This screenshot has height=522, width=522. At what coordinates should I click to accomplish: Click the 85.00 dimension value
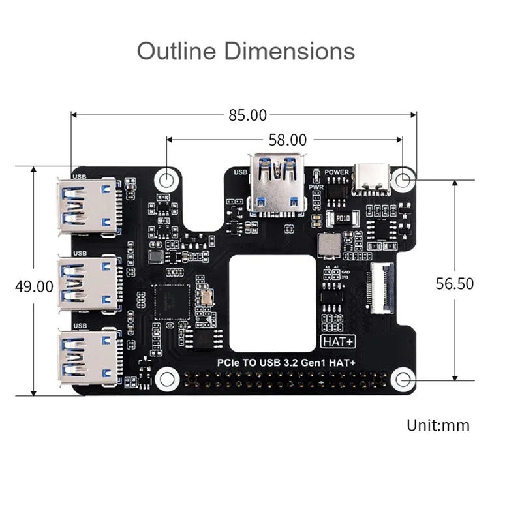coord(247,115)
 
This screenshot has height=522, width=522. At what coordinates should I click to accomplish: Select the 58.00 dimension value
coord(287,139)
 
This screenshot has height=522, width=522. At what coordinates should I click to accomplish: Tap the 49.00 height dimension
coord(35,286)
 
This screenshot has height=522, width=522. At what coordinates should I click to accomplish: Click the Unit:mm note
coord(438,425)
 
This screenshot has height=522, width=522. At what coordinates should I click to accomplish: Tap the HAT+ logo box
coord(333,341)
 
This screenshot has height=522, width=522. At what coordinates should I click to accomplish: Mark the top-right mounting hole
coord(405,178)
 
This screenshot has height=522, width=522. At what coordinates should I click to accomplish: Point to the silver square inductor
coord(328,245)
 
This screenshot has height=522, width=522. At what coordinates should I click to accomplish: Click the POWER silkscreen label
coord(337,172)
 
